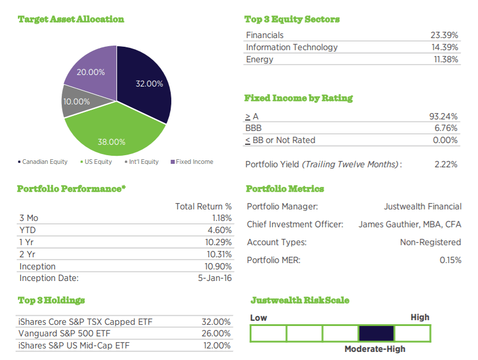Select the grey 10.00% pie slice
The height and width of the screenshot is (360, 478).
click(x=76, y=102)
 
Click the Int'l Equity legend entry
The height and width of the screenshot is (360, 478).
click(x=141, y=162)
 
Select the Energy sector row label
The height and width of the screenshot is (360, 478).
click(x=259, y=59)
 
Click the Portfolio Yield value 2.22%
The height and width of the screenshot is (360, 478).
click(x=446, y=164)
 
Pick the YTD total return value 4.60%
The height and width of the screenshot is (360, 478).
click(x=221, y=230)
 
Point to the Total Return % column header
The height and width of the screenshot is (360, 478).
click(x=203, y=206)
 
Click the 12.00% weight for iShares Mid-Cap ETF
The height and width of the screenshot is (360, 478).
click(x=217, y=346)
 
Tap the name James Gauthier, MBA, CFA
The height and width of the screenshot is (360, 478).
click(x=410, y=224)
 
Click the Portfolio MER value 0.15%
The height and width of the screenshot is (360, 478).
click(x=450, y=260)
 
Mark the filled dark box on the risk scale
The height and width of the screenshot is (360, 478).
click(x=376, y=333)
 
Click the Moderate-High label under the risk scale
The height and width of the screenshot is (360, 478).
click(x=375, y=349)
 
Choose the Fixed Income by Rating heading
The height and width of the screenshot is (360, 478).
click(x=299, y=98)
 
